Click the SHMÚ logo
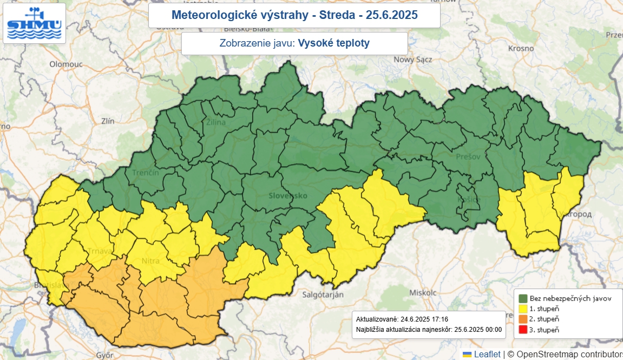(34, 23)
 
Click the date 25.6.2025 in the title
(391, 15)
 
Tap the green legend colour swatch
(523, 298)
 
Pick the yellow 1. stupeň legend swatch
(523, 309)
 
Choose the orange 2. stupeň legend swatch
(523, 319)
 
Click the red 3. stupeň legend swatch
(523, 329)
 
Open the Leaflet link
(487, 354)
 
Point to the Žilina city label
(215, 122)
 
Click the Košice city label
(469, 200)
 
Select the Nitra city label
(150, 261)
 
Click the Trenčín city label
(146, 173)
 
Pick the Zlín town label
(108, 121)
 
